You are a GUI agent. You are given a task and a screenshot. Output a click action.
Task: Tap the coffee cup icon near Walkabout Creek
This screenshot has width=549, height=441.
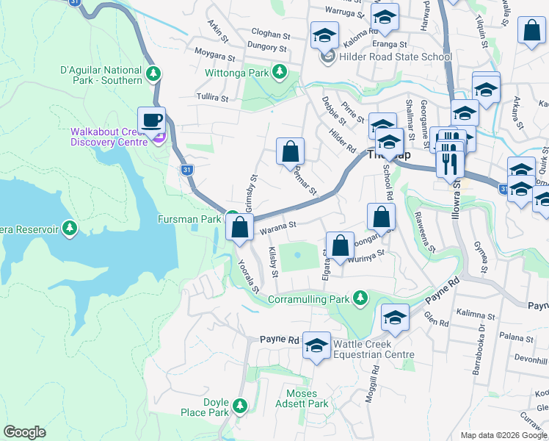(151, 120)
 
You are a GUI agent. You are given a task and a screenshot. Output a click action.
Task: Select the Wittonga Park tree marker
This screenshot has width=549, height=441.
(279, 72)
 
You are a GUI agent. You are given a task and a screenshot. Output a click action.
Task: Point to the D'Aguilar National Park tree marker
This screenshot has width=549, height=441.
(153, 73)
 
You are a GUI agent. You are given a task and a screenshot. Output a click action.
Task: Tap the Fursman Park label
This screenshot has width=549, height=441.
(189, 219)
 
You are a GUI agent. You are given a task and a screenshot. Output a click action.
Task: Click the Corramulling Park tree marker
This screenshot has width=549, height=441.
(360, 298)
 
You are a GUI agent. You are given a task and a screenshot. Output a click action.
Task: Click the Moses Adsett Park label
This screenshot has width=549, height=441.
(302, 398)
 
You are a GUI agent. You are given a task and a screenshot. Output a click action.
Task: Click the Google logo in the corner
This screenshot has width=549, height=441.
(24, 432)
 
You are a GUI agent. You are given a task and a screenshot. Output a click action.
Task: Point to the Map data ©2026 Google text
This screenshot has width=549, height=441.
(503, 435)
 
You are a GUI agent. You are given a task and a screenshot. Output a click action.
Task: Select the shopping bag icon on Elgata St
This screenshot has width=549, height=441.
(340, 245)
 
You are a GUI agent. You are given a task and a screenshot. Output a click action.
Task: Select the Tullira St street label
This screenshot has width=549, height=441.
(213, 97)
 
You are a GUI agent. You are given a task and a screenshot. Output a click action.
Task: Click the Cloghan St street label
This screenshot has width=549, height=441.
(271, 34)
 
